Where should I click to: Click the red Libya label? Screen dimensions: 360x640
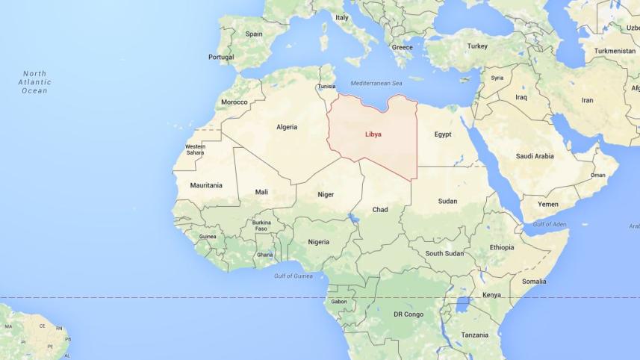pyautogui.click(x=373, y=134)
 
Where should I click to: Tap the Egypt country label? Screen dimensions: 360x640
pyautogui.click(x=443, y=134)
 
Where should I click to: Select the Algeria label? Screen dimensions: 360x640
pyautogui.click(x=287, y=127)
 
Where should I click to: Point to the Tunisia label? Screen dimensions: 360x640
pyautogui.click(x=326, y=87)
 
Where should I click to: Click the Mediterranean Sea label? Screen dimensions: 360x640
pyautogui.click(x=376, y=82)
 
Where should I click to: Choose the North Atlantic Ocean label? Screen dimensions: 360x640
pyautogui.click(x=34, y=82)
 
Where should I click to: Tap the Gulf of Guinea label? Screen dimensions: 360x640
pyautogui.click(x=293, y=276)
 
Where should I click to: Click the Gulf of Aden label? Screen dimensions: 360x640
pyautogui.click(x=550, y=224)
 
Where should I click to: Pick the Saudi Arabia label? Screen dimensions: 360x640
pyautogui.click(x=535, y=156)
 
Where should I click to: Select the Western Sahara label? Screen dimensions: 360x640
pyautogui.click(x=195, y=149)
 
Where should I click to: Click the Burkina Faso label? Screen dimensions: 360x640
pyautogui.click(x=261, y=225)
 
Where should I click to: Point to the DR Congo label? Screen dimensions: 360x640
pyautogui.click(x=408, y=314)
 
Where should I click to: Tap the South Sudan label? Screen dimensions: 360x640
pyautogui.click(x=444, y=253)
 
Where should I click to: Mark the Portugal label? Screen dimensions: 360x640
pyautogui.click(x=221, y=57)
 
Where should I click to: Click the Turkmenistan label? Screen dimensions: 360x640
pyautogui.click(x=615, y=51)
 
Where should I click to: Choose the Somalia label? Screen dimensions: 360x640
pyautogui.click(x=534, y=282)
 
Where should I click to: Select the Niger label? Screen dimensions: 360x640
pyautogui.click(x=326, y=194)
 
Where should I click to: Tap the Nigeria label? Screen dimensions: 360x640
pyautogui.click(x=319, y=241)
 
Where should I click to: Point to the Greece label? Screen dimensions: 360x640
pyautogui.click(x=402, y=47)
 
